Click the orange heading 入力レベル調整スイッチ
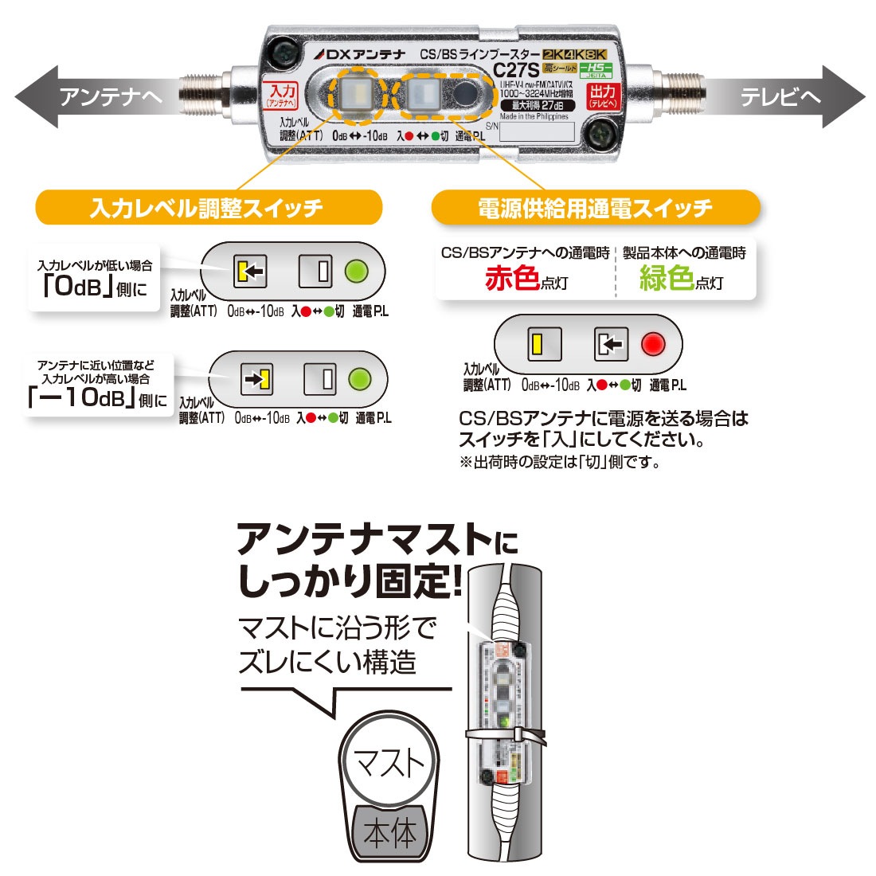coord(207,209)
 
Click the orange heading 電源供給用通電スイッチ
coord(595,209)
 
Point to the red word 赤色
coord(513,280)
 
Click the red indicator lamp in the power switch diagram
coord(653,344)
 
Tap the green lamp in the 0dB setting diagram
coord(356,272)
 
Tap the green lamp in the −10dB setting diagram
coord(361,378)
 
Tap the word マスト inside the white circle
coord(389,763)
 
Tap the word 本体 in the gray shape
coord(389,833)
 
